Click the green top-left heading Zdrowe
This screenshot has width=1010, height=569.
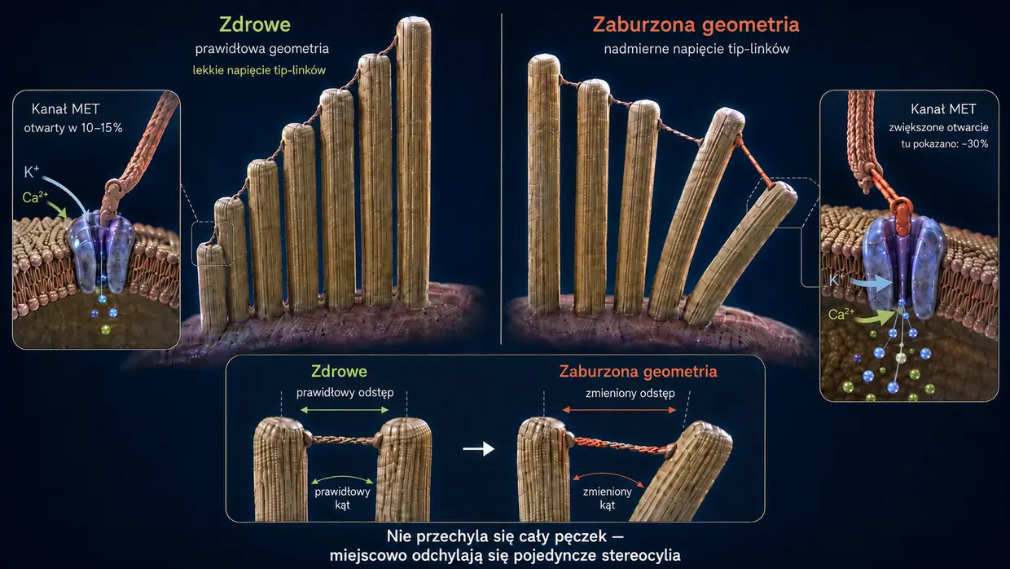255,24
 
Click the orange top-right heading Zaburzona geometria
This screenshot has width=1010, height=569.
696,24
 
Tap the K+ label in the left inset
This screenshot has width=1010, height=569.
32,171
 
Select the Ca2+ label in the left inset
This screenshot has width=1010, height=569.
35,196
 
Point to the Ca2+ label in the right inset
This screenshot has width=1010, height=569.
841,314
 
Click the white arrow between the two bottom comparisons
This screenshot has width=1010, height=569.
478,448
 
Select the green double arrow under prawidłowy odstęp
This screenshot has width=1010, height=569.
345,410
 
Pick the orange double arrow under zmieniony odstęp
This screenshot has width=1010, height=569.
619,410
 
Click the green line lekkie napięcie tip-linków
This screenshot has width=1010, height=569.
259,70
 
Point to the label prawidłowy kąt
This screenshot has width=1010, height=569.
342,498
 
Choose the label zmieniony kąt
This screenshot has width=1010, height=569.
608,498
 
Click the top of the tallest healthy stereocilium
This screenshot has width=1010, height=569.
414,20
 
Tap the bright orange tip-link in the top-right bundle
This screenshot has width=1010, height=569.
756,161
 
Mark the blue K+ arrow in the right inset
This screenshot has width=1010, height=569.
872,284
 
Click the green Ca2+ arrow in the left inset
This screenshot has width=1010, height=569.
57,210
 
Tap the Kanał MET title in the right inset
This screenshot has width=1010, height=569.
943,108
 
